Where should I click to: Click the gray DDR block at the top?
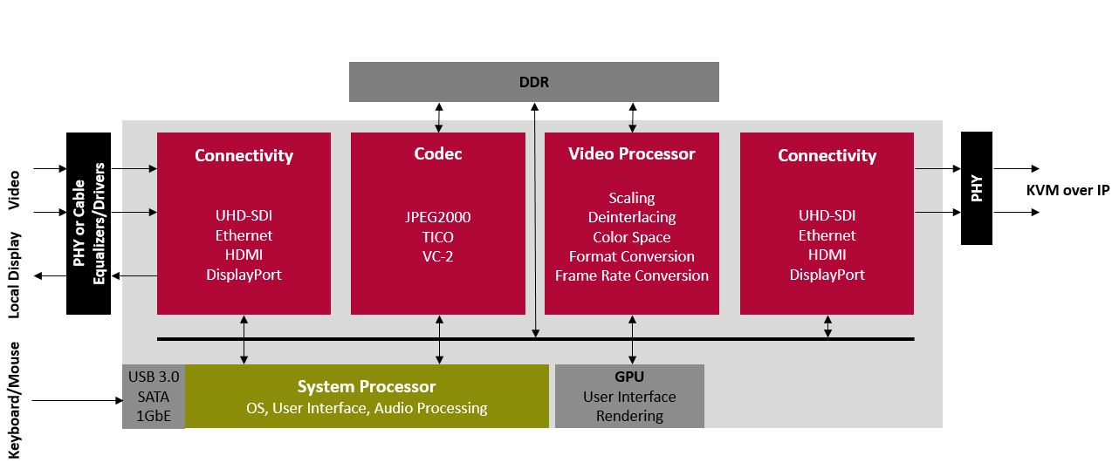pyautogui.click(x=533, y=82)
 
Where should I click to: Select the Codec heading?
pyautogui.click(x=437, y=154)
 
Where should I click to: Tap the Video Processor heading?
pyautogui.click(x=631, y=154)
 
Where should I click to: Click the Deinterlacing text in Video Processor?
pyautogui.click(x=631, y=217)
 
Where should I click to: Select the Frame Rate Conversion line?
pyautogui.click(x=631, y=275)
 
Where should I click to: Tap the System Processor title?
pyautogui.click(x=366, y=386)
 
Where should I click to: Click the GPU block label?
pyautogui.click(x=628, y=377)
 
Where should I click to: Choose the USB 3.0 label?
pyautogui.click(x=154, y=377)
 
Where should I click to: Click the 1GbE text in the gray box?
pyautogui.click(x=154, y=415)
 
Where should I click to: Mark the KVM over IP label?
pyautogui.click(x=1067, y=190)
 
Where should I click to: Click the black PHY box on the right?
pyautogui.click(x=977, y=188)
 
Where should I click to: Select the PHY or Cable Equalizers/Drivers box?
pyautogui.click(x=89, y=223)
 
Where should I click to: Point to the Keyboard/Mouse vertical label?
pyautogui.click(x=14, y=399)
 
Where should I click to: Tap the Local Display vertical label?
pyautogui.click(x=14, y=276)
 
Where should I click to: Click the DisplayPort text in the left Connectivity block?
pyautogui.click(x=244, y=275)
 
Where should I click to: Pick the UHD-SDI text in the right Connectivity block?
pyautogui.click(x=827, y=216)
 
